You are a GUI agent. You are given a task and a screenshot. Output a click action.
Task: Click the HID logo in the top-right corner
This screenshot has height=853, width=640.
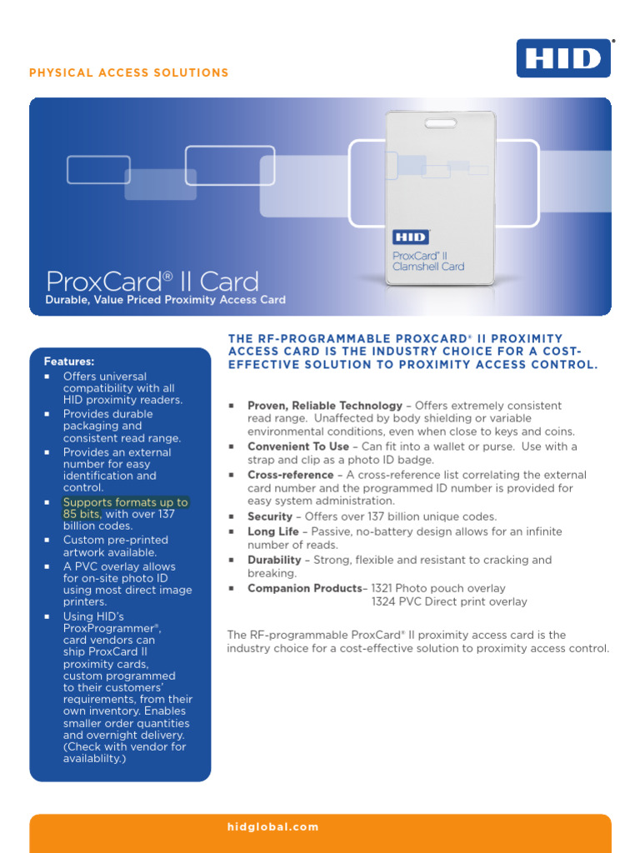[563, 57]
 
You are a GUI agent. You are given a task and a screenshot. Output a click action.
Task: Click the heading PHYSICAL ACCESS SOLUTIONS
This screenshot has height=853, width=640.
[129, 73]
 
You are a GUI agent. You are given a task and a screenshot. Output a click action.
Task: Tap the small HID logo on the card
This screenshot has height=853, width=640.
[410, 237]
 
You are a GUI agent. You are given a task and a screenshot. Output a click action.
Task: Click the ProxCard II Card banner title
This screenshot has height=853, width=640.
[152, 281]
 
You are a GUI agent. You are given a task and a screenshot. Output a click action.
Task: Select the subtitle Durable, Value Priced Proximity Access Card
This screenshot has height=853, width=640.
[165, 300]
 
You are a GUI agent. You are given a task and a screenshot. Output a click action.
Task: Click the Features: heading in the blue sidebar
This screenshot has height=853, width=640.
[69, 362]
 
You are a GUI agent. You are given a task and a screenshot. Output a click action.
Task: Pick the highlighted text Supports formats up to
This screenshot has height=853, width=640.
[125, 502]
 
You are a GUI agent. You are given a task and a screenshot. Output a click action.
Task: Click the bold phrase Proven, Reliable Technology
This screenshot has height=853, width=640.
[324, 406]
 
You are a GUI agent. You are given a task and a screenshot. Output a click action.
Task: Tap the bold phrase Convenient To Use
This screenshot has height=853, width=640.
[298, 446]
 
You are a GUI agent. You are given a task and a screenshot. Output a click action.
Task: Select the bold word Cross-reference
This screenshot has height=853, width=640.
[290, 475]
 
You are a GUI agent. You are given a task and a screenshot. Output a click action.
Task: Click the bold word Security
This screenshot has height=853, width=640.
[269, 516]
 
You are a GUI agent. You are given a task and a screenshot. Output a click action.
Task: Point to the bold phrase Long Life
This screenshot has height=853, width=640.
[272, 531]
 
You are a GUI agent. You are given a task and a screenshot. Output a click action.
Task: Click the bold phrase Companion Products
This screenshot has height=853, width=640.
[305, 588]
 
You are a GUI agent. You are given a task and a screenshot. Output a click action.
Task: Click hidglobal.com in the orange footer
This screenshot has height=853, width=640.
[272, 827]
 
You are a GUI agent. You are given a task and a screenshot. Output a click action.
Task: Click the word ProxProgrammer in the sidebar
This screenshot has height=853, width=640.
[111, 628]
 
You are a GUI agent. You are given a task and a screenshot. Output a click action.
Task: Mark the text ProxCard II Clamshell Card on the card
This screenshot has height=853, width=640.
[428, 260]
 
